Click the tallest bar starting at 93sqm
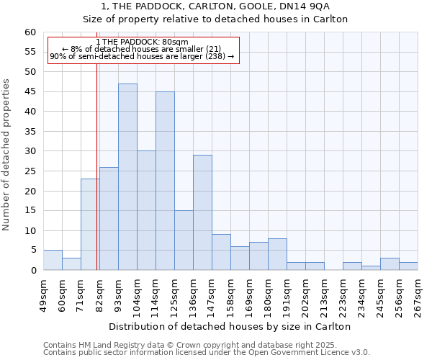pos(127,177)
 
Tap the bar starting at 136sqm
pos(202,212)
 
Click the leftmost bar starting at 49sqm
pos(53,260)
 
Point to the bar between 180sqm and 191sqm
pos(277,254)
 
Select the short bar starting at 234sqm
pos(371,268)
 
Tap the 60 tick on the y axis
pos(30,32)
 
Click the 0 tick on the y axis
pos(33,271)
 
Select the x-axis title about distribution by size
pos(230,326)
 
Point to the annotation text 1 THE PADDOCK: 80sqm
pos(142,42)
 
